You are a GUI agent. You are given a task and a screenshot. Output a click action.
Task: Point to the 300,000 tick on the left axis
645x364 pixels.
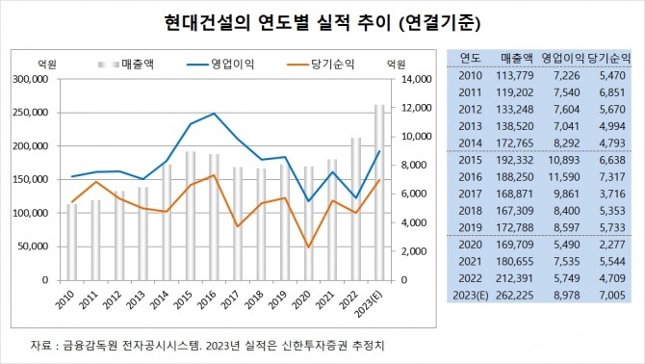point(33,79)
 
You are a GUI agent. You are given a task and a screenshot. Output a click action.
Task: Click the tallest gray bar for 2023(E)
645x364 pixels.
point(379,193)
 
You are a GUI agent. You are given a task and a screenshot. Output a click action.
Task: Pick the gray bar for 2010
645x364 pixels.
point(71,242)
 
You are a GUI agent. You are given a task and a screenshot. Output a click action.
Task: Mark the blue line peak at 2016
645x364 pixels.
point(214,114)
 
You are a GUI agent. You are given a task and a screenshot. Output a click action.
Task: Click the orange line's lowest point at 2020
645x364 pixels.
point(308,247)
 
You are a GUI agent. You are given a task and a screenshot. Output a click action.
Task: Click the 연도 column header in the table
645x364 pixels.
point(471,57)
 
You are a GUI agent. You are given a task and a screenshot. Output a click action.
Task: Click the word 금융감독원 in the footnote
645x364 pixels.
point(87,344)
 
